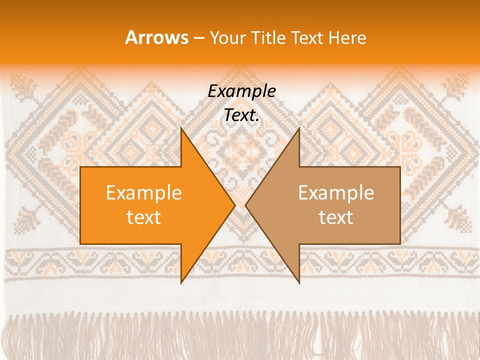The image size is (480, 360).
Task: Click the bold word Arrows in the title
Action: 156,37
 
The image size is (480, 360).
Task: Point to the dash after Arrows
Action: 198,38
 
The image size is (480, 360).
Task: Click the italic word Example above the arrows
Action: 241,91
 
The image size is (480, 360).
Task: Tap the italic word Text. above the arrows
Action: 241,115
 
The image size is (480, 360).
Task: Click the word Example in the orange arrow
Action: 144,193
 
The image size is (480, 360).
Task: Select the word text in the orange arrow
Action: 144,217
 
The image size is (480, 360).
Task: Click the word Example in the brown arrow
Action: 336,193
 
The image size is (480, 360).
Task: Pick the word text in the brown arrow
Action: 336,217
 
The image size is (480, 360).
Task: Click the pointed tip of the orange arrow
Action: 234,205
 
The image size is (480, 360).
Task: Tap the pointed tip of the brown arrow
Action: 246,205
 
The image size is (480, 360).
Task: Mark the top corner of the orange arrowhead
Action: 181,128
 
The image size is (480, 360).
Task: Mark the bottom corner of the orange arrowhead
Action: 181,282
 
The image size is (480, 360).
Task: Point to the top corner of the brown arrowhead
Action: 299,128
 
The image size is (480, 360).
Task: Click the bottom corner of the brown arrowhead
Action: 299,282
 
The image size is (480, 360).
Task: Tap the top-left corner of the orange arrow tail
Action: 81,167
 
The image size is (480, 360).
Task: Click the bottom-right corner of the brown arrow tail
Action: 399,243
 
